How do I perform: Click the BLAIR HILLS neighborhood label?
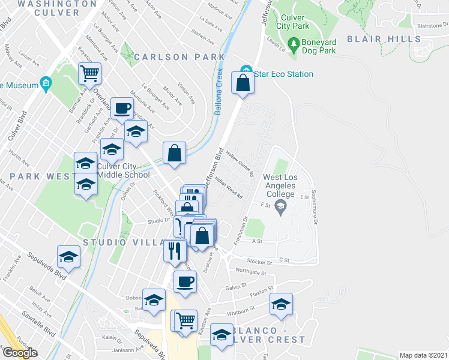[384, 39]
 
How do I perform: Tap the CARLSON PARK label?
[179, 57]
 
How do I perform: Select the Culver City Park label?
[293, 22]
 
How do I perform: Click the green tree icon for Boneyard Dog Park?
[294, 43]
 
